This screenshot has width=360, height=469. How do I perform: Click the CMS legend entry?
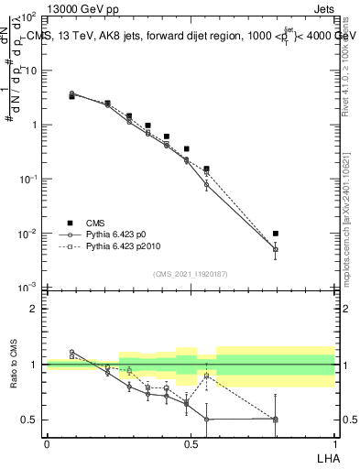pos(95,223)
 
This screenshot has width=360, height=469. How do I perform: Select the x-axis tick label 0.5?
pos(191,444)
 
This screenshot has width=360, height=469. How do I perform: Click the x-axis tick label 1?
pos(334,444)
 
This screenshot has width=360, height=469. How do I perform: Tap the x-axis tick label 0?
pos(47,444)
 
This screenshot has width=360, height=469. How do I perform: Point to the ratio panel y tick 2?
pos(34,309)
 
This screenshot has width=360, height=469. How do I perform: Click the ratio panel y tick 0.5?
pos(29,420)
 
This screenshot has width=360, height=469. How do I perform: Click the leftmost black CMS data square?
pos(72,95)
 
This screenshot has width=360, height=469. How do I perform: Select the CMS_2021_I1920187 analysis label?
pos(190,274)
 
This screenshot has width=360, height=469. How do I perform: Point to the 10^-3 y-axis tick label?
pos(27,288)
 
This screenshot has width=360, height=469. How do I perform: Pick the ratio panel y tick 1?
pos(34,365)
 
